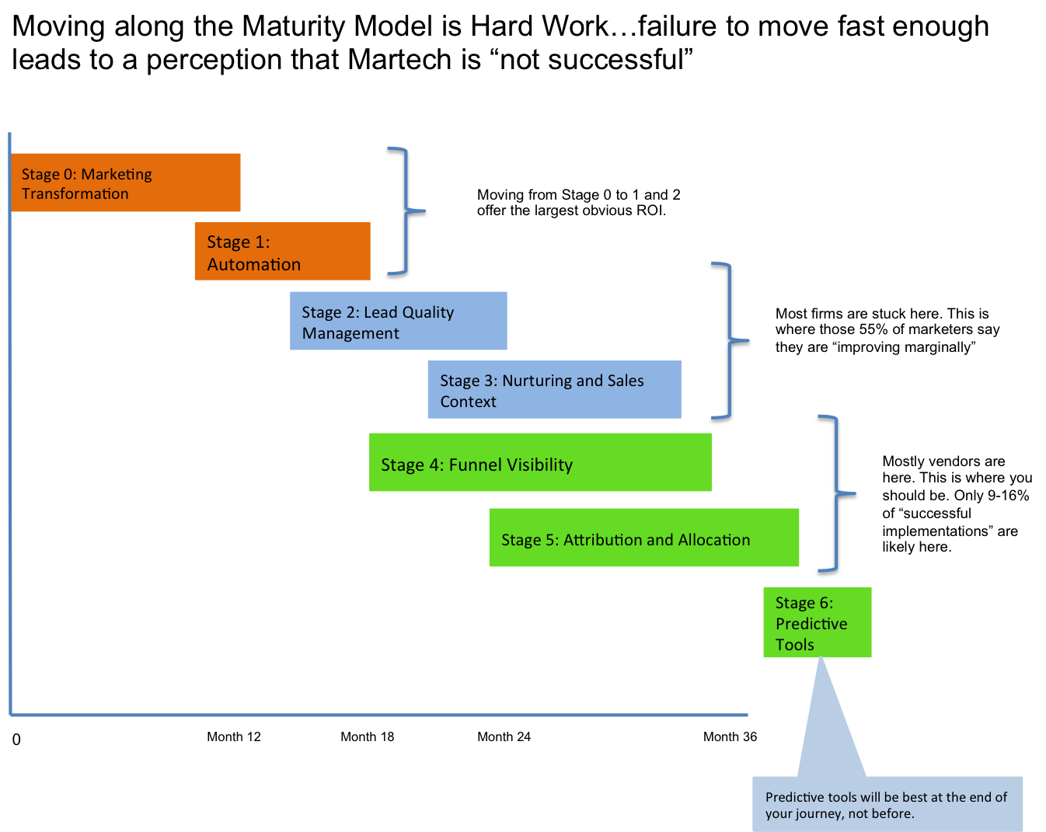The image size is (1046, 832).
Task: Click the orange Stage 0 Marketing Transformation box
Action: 126,183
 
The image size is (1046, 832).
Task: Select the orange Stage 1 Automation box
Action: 282,251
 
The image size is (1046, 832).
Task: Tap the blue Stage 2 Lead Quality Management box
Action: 398,321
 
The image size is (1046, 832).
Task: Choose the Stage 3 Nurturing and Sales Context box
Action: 554,389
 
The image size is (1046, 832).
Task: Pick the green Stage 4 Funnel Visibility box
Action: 540,462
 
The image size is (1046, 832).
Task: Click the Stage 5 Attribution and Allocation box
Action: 643,538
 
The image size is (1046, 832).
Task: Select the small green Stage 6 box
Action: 817,622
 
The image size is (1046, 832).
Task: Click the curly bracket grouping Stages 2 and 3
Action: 730,340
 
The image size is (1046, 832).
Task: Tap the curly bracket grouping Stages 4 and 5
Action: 836,493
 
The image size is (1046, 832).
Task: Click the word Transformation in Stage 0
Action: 75,194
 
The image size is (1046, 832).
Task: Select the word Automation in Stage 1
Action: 253,265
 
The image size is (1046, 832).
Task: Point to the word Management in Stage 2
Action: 350,333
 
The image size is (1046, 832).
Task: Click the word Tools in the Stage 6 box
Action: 794,645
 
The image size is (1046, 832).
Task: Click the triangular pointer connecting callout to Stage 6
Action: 828,722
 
